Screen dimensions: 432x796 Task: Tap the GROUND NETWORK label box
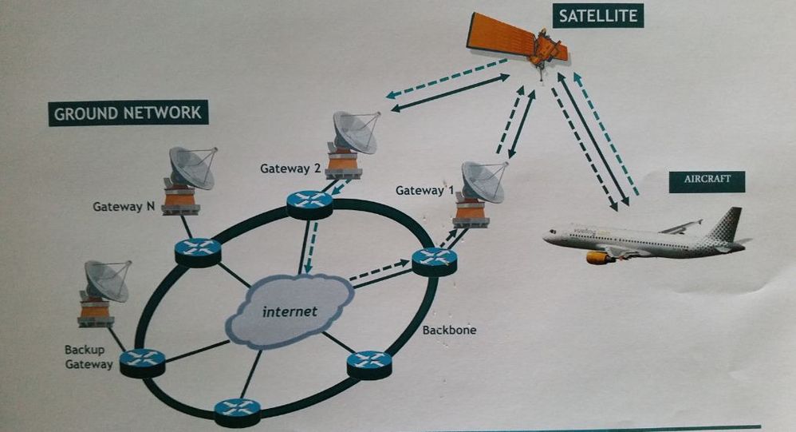(x=128, y=113)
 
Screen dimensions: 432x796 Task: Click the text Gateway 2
(x=290, y=168)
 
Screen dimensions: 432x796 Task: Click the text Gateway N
(x=124, y=206)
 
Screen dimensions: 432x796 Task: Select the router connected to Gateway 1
(x=434, y=259)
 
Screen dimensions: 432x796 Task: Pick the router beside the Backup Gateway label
(x=142, y=363)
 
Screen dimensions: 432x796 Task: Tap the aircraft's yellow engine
(x=600, y=257)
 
